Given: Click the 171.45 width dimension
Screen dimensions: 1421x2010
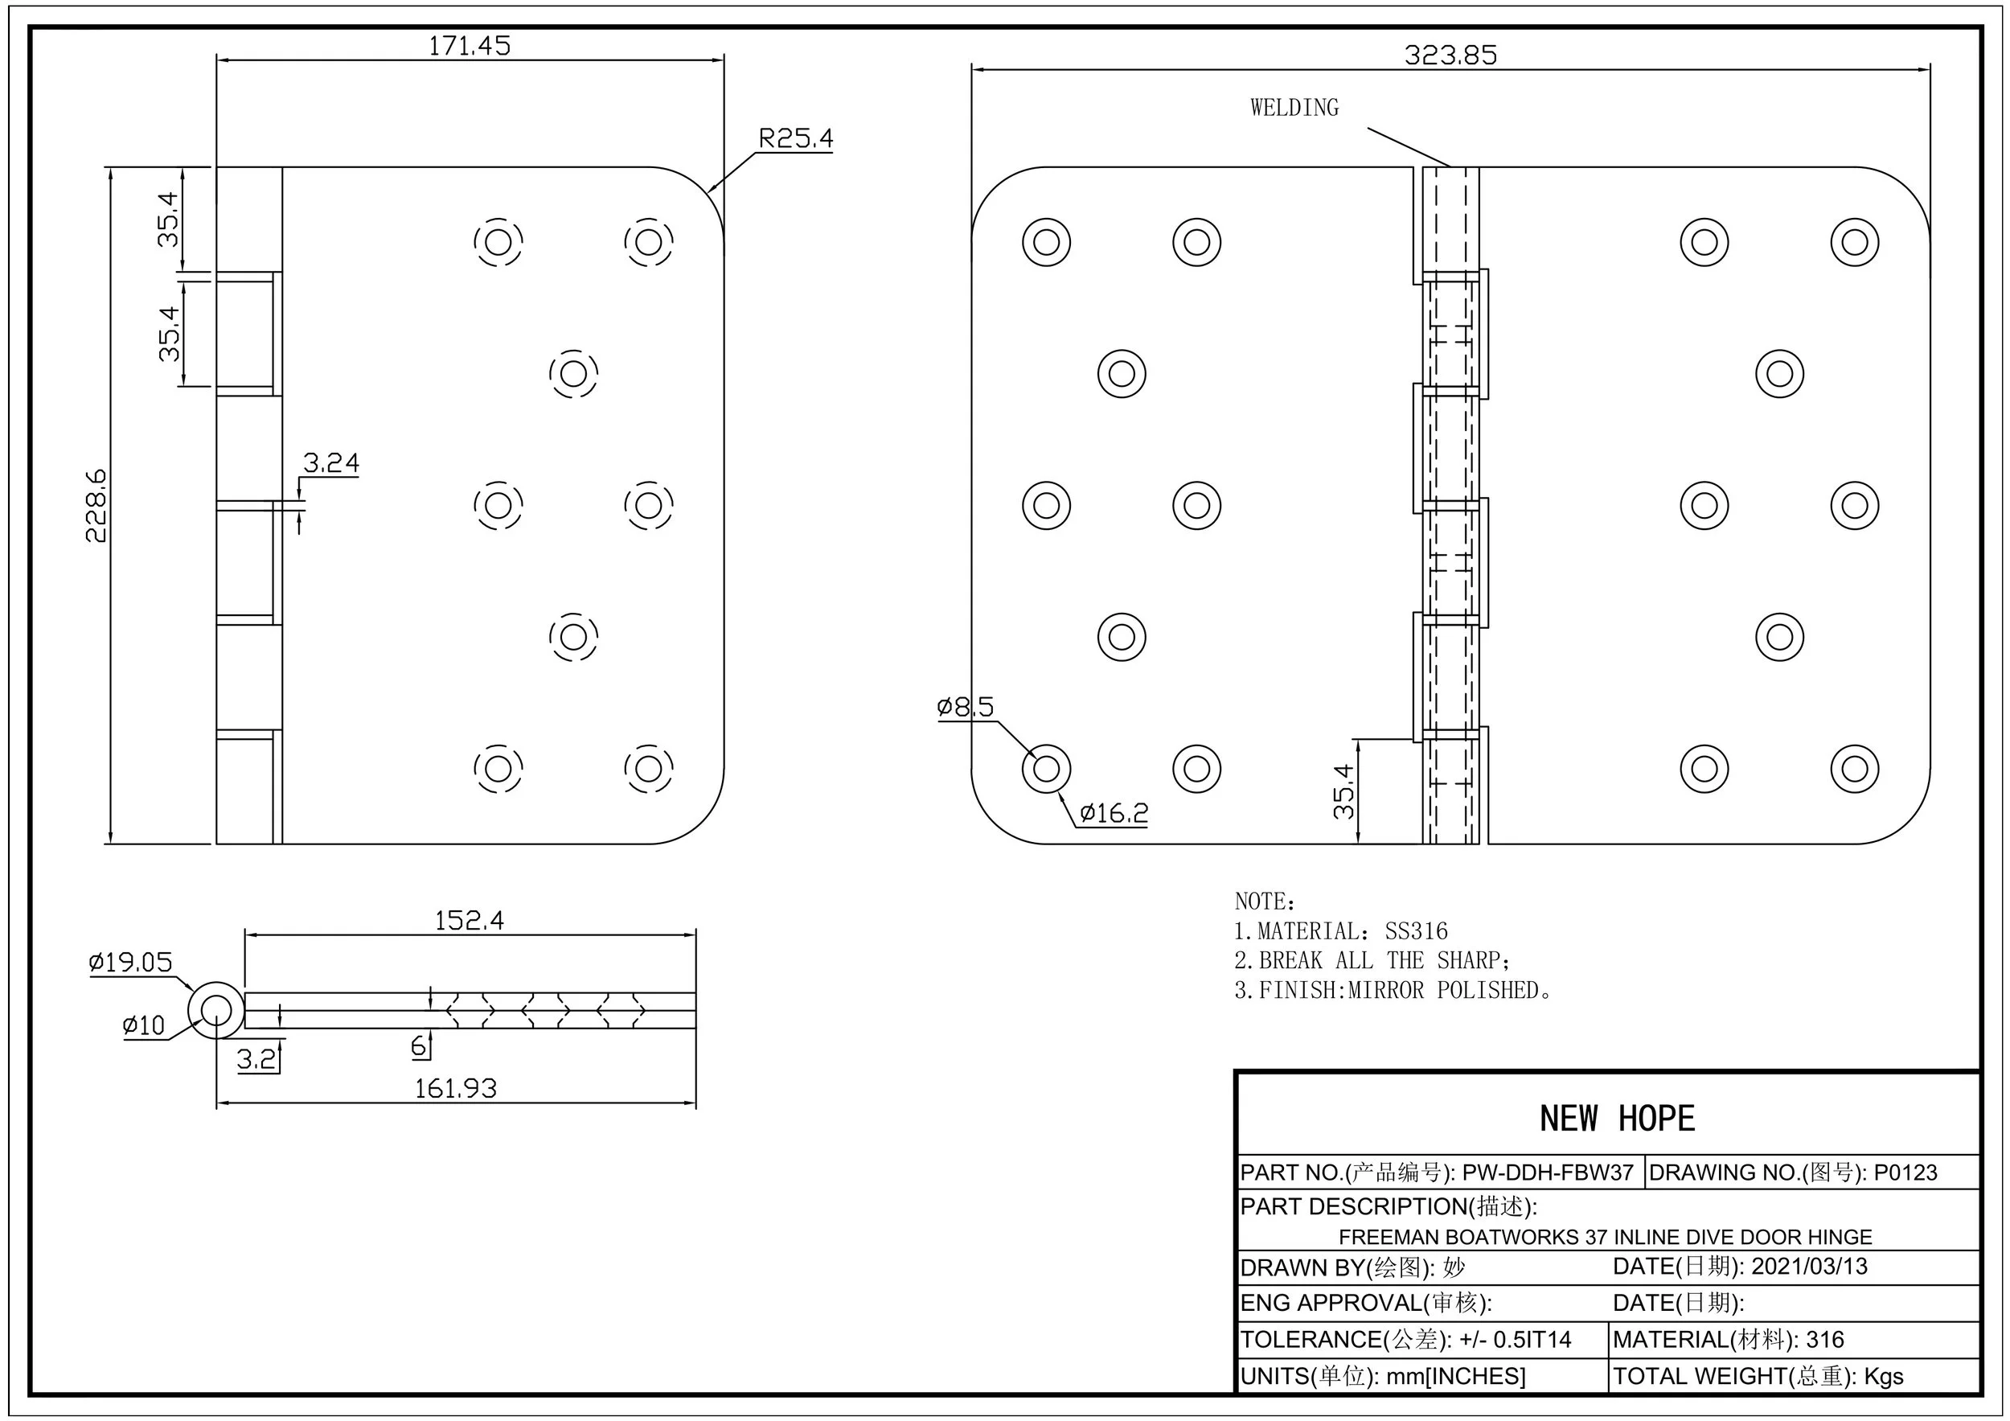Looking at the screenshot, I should (469, 46).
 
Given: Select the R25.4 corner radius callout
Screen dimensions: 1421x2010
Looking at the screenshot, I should (795, 138).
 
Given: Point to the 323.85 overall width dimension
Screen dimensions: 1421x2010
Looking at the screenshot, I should (1450, 55).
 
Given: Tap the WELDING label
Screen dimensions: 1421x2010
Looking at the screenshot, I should (1294, 108).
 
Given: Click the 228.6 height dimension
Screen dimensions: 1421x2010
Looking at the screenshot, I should (96, 505).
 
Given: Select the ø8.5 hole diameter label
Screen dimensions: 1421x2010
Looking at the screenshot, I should (965, 707).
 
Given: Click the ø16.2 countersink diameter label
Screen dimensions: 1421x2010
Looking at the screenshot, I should (1113, 813).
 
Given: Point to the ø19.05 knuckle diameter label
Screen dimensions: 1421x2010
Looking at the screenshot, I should (130, 963).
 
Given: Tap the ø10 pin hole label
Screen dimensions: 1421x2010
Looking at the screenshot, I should (144, 1025).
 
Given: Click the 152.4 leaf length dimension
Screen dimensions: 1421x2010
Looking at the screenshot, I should (470, 920).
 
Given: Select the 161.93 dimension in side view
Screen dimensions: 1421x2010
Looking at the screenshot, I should (455, 1088).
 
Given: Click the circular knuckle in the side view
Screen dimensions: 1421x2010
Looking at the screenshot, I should (216, 1010).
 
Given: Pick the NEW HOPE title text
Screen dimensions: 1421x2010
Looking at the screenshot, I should (1617, 1119).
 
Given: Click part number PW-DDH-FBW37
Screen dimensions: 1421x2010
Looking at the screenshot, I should (1548, 1173).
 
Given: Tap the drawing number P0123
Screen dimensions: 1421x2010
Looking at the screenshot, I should (1905, 1173).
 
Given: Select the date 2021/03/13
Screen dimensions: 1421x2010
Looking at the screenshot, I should (1809, 1267).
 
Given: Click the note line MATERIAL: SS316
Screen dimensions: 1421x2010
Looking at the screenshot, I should (1340, 931).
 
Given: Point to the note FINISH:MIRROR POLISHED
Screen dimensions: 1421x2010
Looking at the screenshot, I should (1392, 990).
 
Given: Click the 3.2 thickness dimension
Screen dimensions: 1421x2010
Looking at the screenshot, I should (256, 1060).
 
